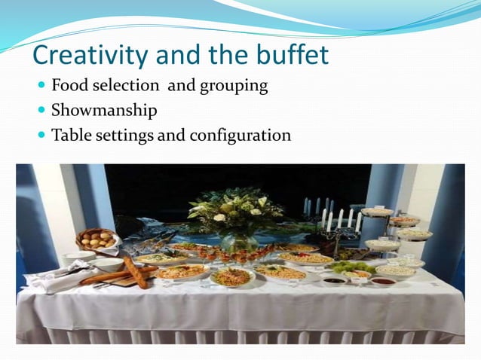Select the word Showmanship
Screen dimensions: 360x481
coord(104,111)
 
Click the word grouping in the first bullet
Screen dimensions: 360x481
coord(233,86)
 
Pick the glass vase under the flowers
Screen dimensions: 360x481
coord(237,243)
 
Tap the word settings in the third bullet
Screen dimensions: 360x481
coord(121,136)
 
